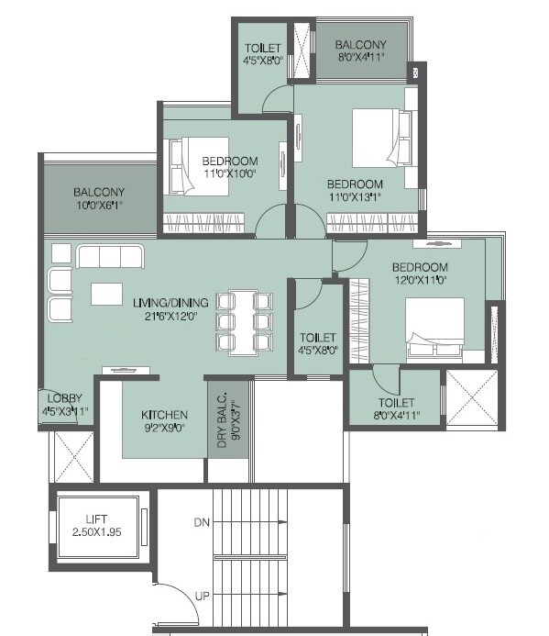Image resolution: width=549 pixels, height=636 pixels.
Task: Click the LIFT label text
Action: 96,519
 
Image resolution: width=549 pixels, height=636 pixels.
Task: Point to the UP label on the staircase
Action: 203,597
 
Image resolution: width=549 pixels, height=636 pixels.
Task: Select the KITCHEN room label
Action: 165,415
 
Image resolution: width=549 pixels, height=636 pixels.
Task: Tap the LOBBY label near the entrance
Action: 61,399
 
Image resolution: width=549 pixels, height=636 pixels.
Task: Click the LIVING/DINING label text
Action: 170,303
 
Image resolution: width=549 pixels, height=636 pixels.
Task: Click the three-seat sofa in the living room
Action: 110,256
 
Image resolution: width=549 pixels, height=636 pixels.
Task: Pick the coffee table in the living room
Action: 106,294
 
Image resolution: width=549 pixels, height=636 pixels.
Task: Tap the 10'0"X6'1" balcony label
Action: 99,206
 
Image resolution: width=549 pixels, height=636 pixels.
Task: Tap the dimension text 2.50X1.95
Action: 96,532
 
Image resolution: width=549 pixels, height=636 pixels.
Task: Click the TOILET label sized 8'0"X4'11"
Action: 395,403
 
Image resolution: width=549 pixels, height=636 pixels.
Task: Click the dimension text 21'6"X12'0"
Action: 170,316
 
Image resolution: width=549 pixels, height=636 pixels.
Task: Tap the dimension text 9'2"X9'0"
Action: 165,428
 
